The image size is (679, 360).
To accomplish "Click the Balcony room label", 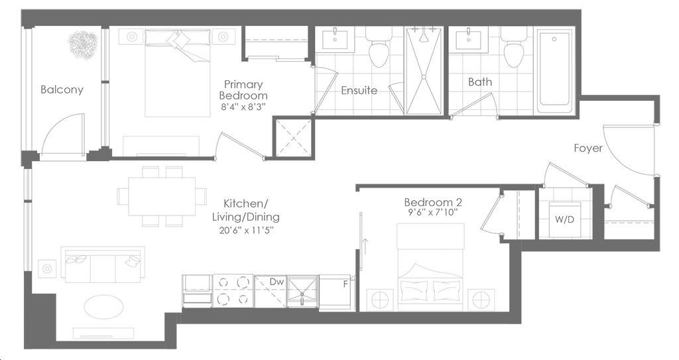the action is coord(62,90).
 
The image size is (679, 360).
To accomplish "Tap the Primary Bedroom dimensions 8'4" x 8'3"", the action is coord(243,107).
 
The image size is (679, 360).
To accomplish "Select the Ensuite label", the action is coord(359,90).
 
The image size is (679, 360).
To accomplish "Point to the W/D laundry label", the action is coord(565,219).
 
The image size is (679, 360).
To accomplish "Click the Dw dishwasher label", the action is coord(277,282).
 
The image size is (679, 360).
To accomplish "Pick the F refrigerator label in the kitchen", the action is coord(345,284).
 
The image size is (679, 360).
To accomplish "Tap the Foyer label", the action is coord(588,148).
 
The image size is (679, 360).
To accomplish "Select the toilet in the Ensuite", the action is coord(378,46).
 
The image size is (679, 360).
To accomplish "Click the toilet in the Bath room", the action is coord(513,46).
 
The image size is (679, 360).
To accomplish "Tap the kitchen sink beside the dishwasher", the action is coord(302,291).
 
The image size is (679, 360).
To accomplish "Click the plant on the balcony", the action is coord(83,45).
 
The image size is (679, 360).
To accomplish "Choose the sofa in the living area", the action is coord(103,265).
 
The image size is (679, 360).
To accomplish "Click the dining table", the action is coord(162,196).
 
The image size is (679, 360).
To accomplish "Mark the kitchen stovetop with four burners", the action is coord(233,290).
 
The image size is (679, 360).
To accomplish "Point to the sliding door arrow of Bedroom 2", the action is coord(365,247).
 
